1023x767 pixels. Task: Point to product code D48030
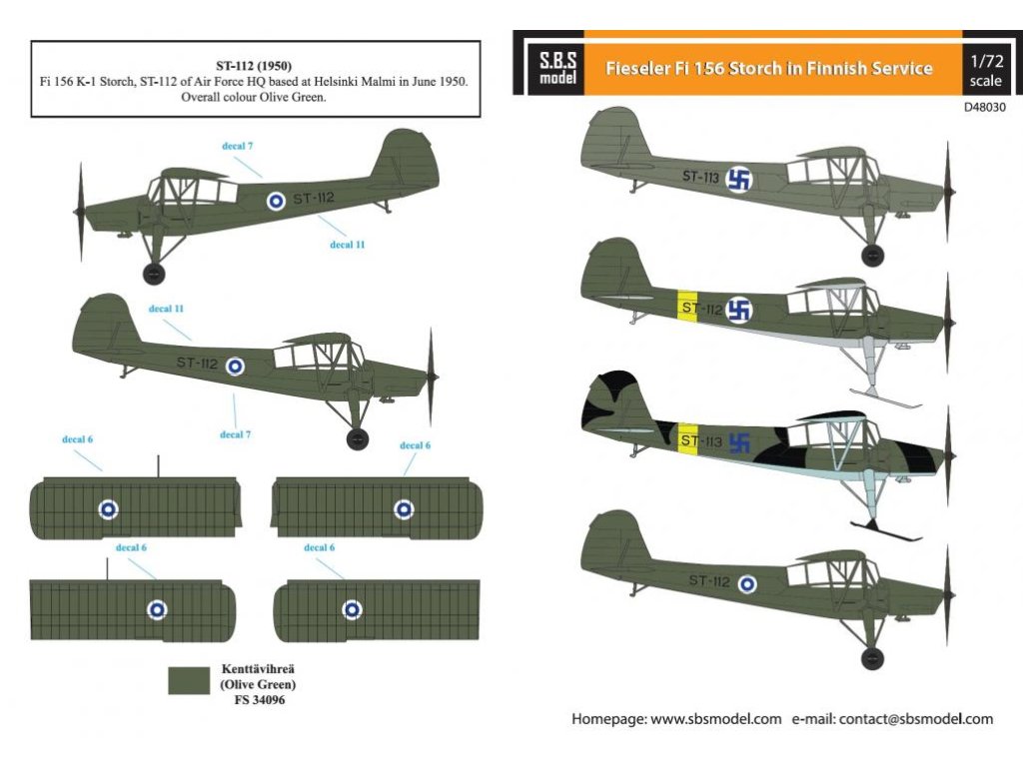(x=985, y=104)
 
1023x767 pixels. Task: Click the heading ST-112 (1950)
(x=254, y=66)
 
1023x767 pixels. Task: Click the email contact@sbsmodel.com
(x=916, y=719)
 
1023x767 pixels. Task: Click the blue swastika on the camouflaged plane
(x=739, y=440)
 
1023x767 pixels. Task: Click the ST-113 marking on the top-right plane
(x=700, y=177)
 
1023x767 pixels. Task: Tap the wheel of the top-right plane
(x=873, y=256)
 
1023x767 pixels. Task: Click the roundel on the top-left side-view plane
(x=276, y=201)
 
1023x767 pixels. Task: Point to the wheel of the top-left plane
(x=154, y=274)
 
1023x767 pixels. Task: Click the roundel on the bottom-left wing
(x=157, y=609)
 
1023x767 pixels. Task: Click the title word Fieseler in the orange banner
(x=645, y=69)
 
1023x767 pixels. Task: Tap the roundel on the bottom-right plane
(x=746, y=584)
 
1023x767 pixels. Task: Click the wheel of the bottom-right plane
(x=873, y=657)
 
